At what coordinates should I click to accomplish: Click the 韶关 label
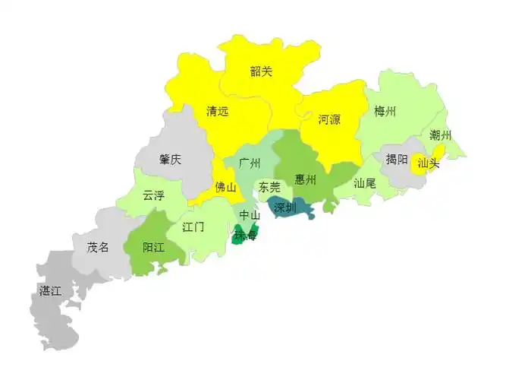(261, 72)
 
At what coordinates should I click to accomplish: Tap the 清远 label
(217, 111)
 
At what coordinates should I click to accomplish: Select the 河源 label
(329, 119)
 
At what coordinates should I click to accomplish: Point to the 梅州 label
(385, 112)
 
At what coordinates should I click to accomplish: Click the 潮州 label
(440, 135)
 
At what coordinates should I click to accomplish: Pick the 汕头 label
(429, 163)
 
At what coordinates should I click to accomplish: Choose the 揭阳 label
(397, 160)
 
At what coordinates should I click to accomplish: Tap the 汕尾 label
(365, 183)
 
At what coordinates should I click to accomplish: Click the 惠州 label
(306, 180)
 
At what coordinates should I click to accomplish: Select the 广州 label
(250, 163)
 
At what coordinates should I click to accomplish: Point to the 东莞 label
(269, 187)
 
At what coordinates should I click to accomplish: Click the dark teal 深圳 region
(288, 207)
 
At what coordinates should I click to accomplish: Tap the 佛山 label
(225, 187)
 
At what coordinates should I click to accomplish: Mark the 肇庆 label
(171, 160)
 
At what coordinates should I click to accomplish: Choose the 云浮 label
(153, 195)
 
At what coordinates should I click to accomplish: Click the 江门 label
(193, 226)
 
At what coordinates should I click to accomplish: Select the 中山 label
(250, 216)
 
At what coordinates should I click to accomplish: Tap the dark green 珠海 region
(246, 233)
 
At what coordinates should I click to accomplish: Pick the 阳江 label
(154, 247)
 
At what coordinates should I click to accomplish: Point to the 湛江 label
(51, 291)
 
